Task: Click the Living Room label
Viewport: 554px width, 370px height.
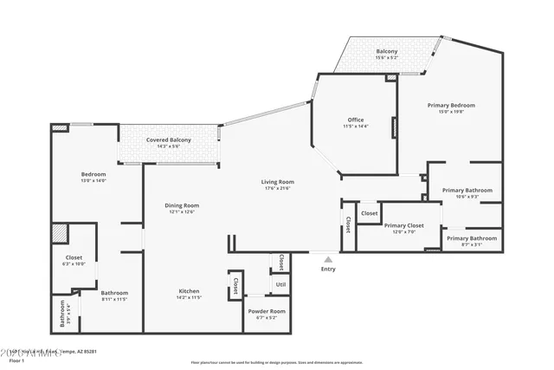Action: (x=278, y=182)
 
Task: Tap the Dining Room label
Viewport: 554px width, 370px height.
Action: (x=182, y=205)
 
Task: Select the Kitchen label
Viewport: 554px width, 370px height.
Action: (x=189, y=290)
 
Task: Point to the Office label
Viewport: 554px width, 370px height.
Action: (x=355, y=120)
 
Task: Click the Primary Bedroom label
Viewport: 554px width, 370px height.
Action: (x=451, y=105)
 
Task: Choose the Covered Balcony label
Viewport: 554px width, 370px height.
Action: (x=168, y=140)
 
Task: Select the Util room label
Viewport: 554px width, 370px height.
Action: (x=280, y=283)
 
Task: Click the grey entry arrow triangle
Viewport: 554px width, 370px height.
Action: (x=327, y=257)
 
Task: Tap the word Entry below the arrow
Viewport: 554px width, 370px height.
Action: (x=328, y=269)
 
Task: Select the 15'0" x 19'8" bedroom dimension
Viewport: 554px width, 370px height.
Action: (x=451, y=112)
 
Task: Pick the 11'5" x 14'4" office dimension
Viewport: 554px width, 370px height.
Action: (x=355, y=127)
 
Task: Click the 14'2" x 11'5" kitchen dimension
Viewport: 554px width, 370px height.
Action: (x=189, y=297)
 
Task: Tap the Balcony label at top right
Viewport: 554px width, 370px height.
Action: (x=386, y=52)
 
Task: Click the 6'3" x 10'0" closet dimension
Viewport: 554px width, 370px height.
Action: (x=74, y=263)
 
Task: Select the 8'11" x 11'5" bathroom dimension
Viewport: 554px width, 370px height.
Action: (x=114, y=299)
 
